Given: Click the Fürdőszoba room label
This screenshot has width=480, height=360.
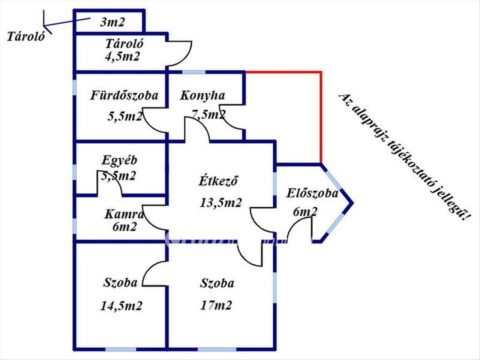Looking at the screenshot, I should (x=124, y=96).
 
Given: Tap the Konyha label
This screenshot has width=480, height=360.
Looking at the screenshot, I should (x=202, y=96).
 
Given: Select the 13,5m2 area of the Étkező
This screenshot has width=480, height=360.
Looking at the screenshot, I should (x=221, y=202).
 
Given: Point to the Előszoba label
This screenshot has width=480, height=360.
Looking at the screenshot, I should (x=312, y=194).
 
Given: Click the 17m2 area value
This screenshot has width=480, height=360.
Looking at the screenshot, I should (x=216, y=306).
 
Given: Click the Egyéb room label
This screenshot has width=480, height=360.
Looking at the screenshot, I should (x=120, y=161).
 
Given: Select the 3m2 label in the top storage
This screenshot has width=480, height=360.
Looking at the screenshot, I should (x=112, y=22).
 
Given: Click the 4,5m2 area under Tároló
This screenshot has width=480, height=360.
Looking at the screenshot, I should (x=122, y=56).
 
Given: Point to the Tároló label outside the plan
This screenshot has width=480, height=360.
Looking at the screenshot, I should (x=25, y=37).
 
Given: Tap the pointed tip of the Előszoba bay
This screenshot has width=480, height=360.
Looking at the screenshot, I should (x=352, y=202).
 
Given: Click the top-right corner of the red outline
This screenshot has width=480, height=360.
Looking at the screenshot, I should (x=321, y=72).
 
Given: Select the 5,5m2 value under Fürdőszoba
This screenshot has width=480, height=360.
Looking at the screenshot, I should (x=125, y=117).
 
